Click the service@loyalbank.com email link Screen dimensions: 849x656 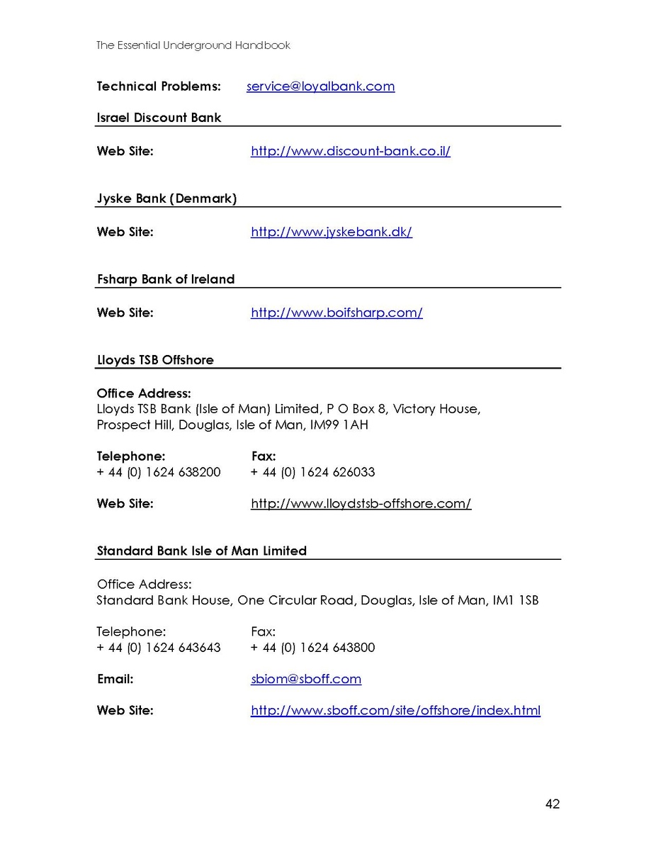320,86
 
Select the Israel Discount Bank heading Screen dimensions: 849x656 159,118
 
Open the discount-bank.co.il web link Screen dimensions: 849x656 351,151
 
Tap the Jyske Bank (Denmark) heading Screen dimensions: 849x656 166,198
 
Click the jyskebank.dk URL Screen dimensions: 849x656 331,232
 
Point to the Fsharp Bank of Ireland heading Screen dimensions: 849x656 165,279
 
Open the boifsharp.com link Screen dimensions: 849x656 337,313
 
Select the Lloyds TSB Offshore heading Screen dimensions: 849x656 154,360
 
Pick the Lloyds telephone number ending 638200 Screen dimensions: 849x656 159,472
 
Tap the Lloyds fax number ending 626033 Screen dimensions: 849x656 312,472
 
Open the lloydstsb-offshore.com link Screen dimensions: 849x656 361,504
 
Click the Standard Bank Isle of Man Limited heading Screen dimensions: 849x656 201,551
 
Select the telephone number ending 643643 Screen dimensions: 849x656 159,648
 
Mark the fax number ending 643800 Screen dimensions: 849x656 312,648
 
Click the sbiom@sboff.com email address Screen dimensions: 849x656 306,679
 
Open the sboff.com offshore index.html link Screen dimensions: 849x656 395,710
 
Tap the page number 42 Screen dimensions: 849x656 553,804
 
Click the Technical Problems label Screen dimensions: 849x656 159,86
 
